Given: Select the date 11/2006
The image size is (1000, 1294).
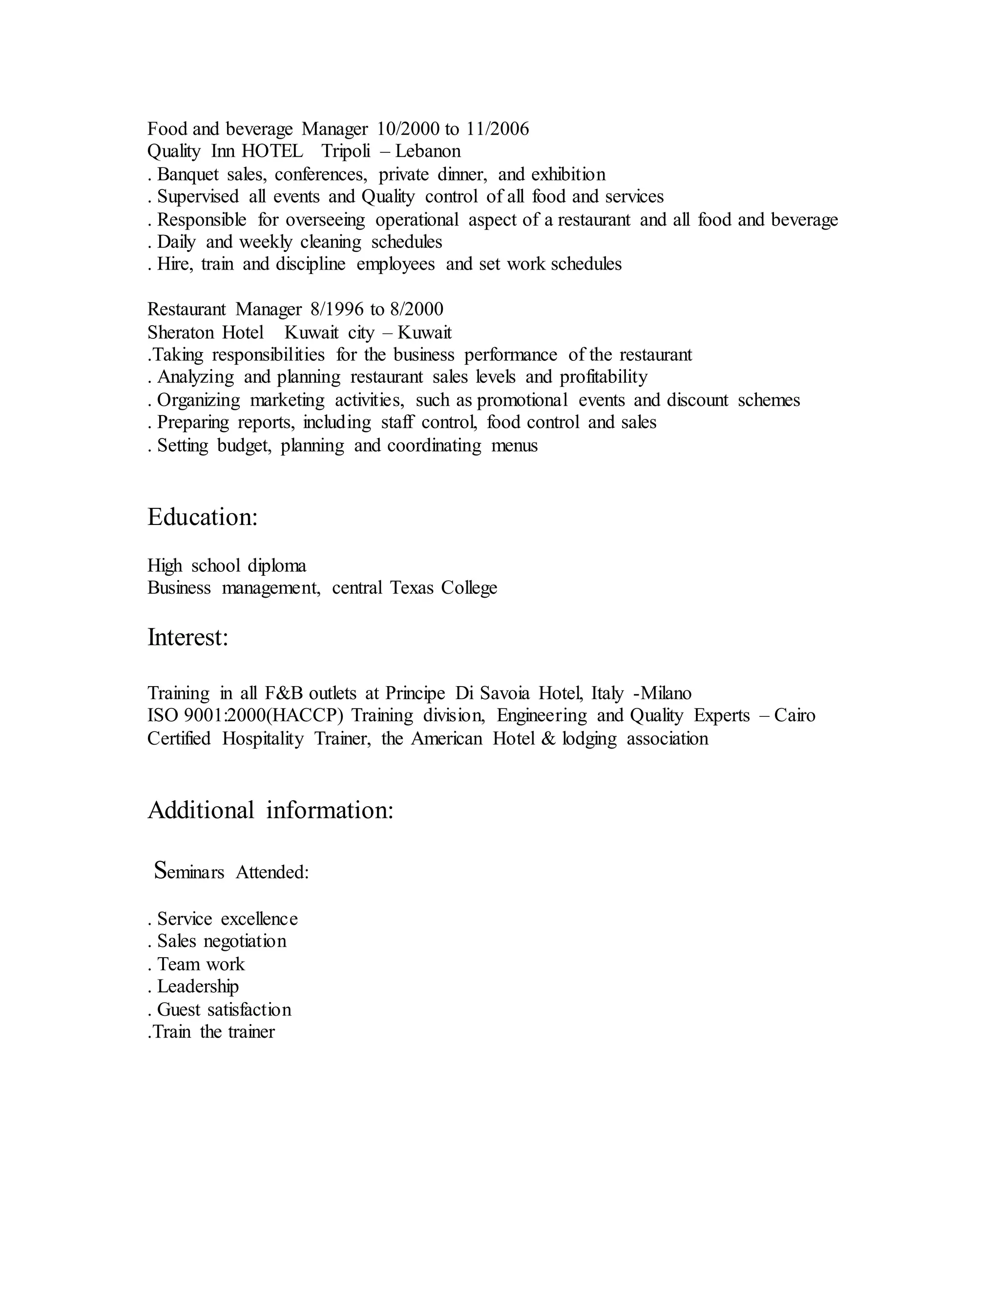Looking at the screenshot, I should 498,128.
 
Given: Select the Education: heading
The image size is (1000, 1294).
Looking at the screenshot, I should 203,517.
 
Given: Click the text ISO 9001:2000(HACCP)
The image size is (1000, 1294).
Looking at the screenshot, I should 245,716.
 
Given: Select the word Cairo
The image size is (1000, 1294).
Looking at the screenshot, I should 794,716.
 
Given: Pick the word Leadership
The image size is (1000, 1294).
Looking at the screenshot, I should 198,986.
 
